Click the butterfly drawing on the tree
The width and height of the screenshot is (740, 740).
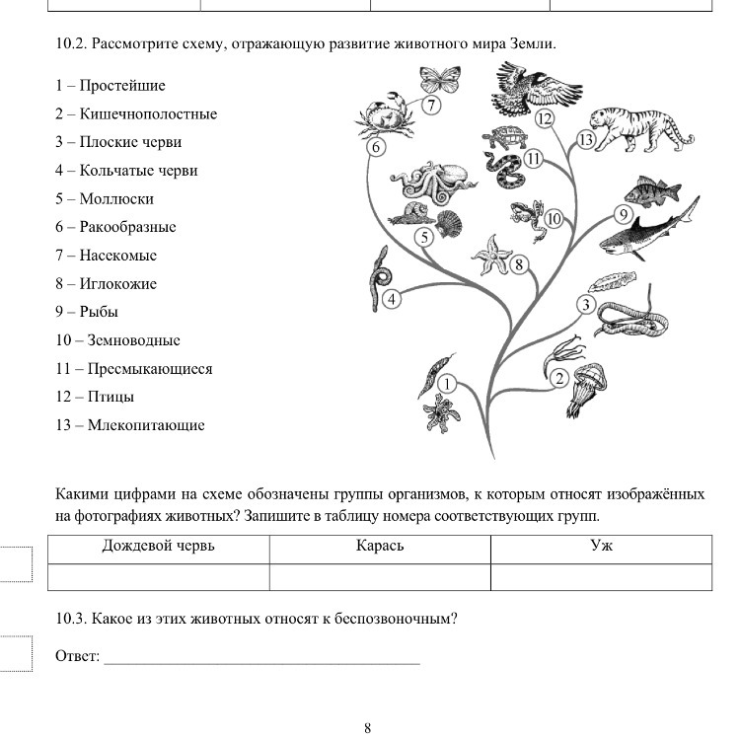[x=440, y=80]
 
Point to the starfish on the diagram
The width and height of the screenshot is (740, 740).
[x=490, y=255]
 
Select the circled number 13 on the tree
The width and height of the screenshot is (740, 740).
[x=586, y=140]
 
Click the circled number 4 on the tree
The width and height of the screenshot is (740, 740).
[x=392, y=299]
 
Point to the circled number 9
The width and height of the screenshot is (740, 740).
[x=624, y=214]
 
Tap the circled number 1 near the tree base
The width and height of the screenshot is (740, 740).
[x=447, y=383]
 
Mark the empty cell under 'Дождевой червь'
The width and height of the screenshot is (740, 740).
[x=158, y=576]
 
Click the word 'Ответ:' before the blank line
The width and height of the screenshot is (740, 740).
[x=78, y=656]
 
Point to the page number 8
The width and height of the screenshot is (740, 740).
[x=368, y=728]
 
